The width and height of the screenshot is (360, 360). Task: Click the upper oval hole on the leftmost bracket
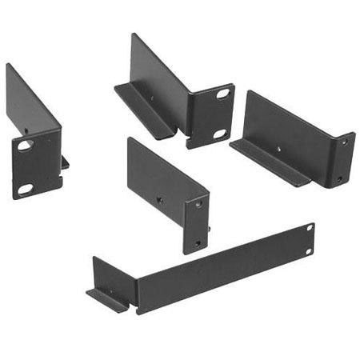point(26,146)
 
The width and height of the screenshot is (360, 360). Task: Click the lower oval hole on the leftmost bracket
point(26,189)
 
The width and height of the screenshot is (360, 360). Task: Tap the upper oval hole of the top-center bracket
point(222,94)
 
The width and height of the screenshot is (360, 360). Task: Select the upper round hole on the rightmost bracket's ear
point(345,142)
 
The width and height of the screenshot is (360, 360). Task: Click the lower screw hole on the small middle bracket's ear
point(198,241)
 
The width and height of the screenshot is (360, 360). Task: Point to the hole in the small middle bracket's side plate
point(159,200)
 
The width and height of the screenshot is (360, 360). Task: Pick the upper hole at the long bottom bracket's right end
point(309,229)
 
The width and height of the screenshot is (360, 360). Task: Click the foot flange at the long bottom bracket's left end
point(106,298)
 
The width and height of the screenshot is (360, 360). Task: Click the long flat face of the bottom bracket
point(216,268)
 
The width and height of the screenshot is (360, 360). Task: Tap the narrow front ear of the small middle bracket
point(196,224)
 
